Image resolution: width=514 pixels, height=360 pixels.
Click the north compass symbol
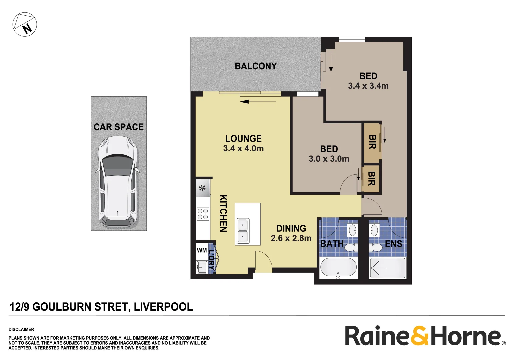click(25, 24)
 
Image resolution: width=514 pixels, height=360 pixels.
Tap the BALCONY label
click(256, 66)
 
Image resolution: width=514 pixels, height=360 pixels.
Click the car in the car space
click(118, 182)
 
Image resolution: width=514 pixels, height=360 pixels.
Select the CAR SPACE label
click(118, 127)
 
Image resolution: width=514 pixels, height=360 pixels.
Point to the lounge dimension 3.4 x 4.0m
click(243, 148)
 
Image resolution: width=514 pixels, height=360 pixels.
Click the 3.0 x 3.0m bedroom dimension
click(329, 159)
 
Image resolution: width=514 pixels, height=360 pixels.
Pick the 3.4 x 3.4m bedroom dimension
click(368, 86)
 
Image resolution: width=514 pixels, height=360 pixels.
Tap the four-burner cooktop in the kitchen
click(203, 214)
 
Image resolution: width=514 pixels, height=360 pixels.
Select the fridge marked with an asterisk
click(202, 188)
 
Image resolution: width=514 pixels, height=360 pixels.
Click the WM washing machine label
click(202, 250)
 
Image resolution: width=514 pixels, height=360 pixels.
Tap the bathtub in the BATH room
click(338, 268)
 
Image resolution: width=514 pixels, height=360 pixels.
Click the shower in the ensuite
click(388, 268)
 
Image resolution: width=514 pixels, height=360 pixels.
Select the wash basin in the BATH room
click(352, 230)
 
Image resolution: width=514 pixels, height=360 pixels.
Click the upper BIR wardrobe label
click(372, 142)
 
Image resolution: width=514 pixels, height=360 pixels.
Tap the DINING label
click(291, 228)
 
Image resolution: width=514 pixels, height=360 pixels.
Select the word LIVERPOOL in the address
click(163, 307)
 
